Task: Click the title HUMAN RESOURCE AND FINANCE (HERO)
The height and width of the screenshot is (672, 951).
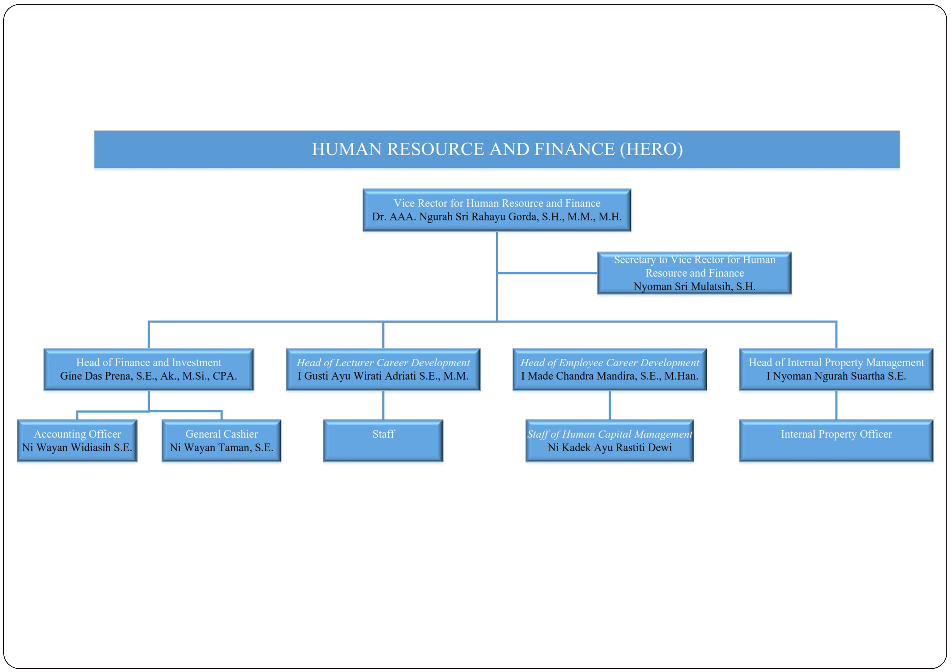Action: [x=497, y=149]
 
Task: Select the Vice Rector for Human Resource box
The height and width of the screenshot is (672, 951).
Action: [x=497, y=210]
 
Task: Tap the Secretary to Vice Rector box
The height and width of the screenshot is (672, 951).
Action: [x=695, y=273]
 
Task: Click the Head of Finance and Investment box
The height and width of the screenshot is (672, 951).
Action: [x=149, y=369]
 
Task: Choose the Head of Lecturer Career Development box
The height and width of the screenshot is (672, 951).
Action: [x=383, y=369]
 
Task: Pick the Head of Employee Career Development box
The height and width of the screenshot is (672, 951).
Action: [x=610, y=369]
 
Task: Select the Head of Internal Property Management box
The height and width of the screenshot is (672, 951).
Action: [x=836, y=369]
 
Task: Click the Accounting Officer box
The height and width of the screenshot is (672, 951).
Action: [x=77, y=441]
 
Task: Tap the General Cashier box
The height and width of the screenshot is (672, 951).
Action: [x=221, y=441]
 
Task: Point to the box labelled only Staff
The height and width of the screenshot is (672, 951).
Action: [x=383, y=441]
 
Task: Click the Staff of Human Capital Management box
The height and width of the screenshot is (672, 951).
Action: [x=610, y=441]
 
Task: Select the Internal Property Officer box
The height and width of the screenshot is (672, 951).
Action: [x=836, y=441]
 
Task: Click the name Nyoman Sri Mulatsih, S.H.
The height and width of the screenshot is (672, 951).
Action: [x=695, y=286]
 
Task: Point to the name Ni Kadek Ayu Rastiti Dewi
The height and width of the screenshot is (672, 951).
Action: [x=610, y=448]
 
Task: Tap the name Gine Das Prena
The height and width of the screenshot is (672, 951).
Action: [x=95, y=376]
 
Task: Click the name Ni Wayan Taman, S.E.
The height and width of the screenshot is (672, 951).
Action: [x=221, y=448]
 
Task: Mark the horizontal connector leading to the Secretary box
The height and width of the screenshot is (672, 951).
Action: [x=547, y=273]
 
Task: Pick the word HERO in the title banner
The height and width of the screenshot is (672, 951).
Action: [x=651, y=149]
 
